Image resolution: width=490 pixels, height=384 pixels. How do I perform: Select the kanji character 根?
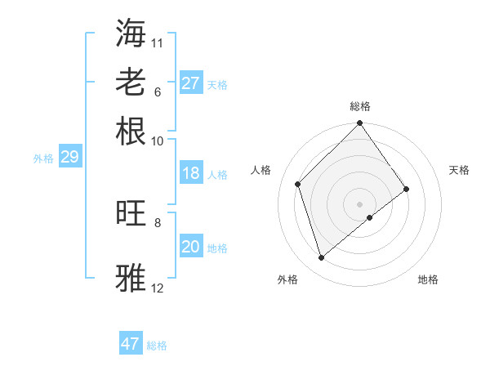click(x=131, y=132)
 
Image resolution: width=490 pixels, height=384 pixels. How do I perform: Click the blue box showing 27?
click(x=190, y=83)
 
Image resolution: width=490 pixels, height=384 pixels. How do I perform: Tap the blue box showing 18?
click(x=190, y=173)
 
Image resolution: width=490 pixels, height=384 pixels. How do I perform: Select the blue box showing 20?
click(x=190, y=247)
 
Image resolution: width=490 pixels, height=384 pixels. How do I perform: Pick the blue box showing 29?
click(x=69, y=157)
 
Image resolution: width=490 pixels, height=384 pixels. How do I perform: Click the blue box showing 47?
click(x=131, y=344)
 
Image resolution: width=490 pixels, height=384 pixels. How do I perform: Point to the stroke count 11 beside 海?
click(x=158, y=42)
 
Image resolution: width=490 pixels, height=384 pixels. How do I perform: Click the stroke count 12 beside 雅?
click(x=158, y=288)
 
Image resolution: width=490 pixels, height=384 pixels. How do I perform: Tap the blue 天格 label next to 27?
click(x=217, y=85)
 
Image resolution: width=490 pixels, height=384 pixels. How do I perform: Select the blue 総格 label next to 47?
click(x=157, y=346)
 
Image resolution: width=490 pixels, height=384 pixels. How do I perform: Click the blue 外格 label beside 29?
click(x=43, y=159)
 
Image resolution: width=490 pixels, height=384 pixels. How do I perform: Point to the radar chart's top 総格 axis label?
click(x=360, y=106)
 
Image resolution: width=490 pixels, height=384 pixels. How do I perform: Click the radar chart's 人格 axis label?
click(x=261, y=170)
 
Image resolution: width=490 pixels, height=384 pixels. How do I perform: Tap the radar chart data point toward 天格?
click(x=407, y=190)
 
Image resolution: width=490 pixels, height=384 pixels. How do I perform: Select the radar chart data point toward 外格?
click(x=321, y=258)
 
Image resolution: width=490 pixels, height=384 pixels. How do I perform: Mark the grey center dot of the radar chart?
click(x=360, y=203)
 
